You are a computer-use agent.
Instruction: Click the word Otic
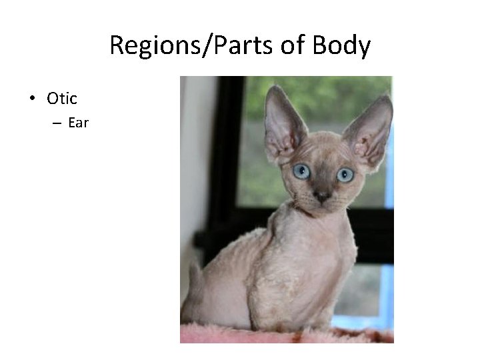pos(62,99)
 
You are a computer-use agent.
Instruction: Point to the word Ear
pos(78,123)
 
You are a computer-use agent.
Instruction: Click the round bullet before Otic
pos(32,99)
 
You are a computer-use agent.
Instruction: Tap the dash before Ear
pos(54,123)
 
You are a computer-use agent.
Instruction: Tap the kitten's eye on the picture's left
pos(302,171)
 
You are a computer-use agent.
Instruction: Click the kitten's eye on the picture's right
pos(345,175)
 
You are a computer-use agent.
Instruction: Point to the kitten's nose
pos(321,196)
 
